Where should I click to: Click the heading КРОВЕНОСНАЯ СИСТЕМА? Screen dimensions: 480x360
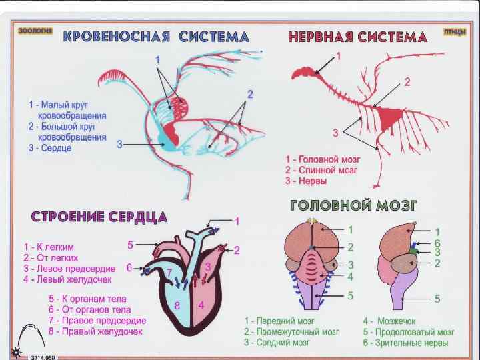156,37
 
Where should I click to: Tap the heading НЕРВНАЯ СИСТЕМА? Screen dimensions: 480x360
357,37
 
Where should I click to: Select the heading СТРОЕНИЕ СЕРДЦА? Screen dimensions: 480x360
99,217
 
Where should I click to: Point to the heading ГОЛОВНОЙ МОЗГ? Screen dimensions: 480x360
353,204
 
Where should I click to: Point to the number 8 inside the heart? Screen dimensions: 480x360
177,306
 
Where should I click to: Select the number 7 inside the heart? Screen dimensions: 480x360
170,273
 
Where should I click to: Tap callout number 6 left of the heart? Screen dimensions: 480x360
129,267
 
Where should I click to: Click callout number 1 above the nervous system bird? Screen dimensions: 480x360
338,56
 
